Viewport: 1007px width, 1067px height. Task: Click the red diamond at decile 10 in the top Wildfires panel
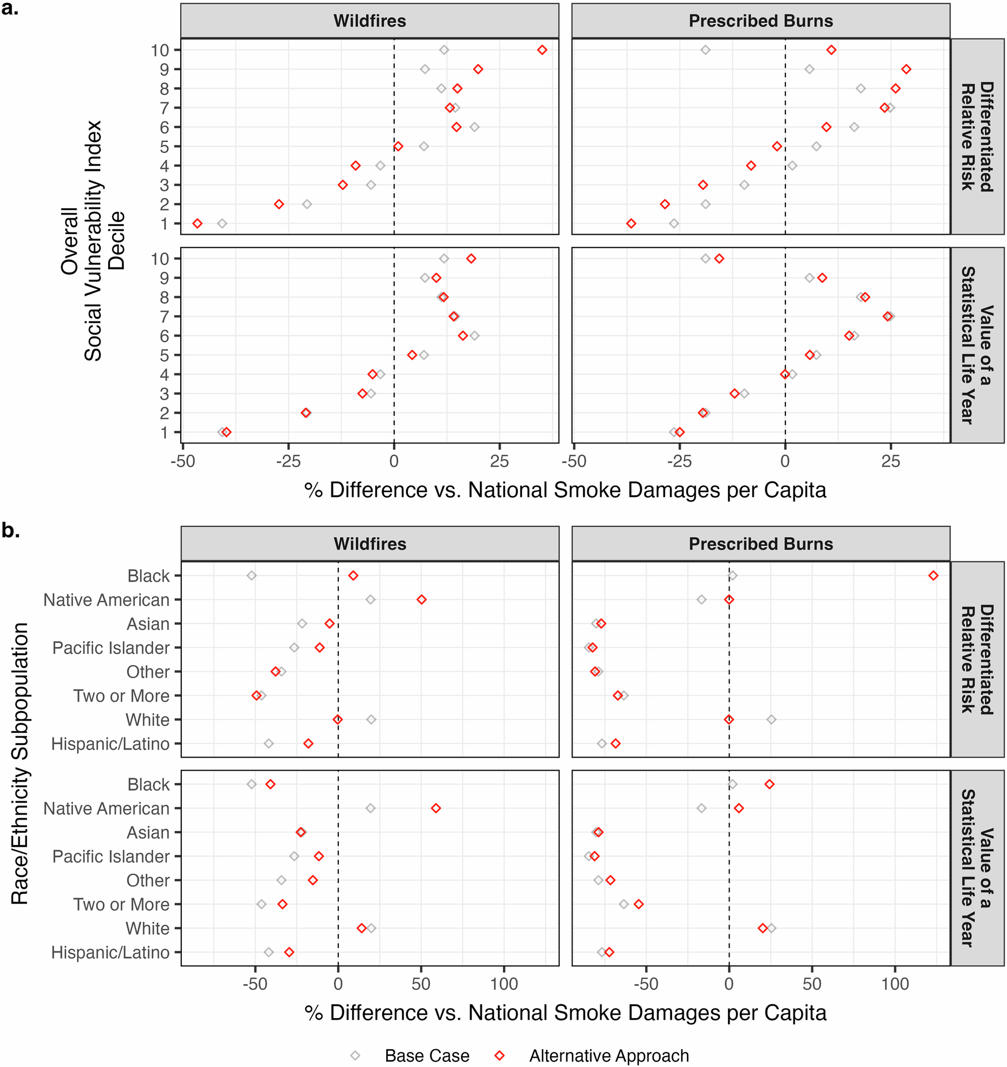[542, 50]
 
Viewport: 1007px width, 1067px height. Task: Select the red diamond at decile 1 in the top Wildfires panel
[197, 223]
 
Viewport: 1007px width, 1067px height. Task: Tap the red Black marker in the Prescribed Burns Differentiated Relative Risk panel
[933, 576]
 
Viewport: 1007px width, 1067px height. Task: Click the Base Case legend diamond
[355, 1056]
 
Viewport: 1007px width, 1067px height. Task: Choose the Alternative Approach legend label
[609, 1056]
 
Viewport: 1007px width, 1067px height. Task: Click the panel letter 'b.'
[10, 530]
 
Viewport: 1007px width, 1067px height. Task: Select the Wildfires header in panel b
[370, 544]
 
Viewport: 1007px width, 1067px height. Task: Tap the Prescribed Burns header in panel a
[761, 21]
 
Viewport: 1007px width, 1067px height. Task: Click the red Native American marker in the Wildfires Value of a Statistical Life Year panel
[436, 808]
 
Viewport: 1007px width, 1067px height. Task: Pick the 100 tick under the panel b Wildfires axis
[504, 984]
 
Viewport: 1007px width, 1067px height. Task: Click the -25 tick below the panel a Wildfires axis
[288, 461]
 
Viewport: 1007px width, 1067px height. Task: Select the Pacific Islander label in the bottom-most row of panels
[111, 856]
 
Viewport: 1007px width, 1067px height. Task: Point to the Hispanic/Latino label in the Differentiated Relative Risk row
[110, 744]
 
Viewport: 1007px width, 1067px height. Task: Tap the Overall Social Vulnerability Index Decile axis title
[92, 240]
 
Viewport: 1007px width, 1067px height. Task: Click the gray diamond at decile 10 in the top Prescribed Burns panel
[705, 50]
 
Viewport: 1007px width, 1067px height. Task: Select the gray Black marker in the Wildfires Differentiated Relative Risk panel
[251, 576]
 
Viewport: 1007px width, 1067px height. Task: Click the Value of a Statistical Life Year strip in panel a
[977, 345]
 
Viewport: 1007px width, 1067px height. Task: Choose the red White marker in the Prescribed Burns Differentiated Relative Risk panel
[729, 720]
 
